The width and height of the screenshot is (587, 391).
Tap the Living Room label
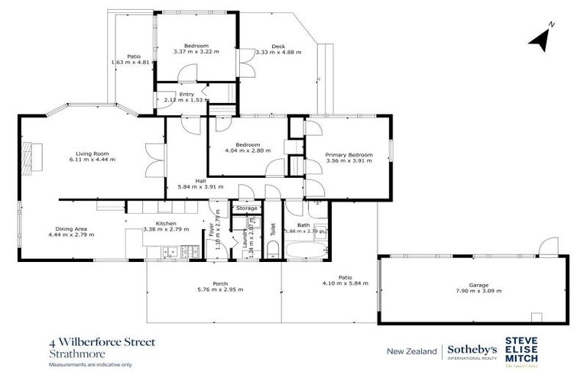pos(91,153)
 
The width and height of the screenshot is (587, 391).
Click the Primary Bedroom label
pos(349,155)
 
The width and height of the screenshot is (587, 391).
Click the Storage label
pos(246,208)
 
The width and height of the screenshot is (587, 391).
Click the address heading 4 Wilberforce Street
pos(101,343)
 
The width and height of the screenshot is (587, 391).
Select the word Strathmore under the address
pos(71,354)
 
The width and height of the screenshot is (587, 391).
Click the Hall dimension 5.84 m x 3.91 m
pos(201,186)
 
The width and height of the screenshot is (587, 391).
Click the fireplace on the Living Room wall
pos(28,158)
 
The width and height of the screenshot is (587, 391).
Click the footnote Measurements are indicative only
pos(90,365)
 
